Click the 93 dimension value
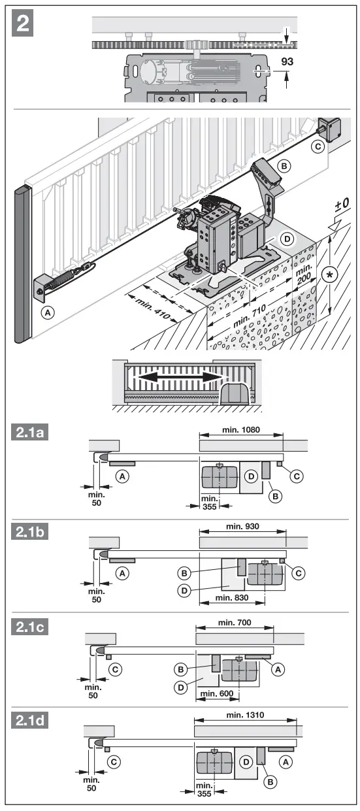coord(287,62)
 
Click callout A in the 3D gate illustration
coord(46,312)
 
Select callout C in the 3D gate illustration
coord(318,146)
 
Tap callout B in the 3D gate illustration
coord(284,166)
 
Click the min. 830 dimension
coord(233,597)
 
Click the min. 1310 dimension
coord(245,715)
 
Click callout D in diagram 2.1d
coord(246,761)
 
